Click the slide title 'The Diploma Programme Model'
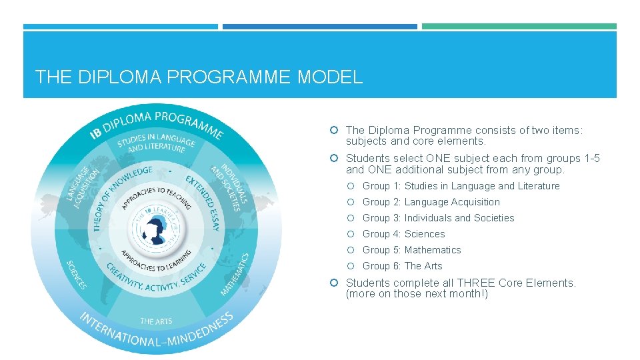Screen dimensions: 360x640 (x=199, y=77)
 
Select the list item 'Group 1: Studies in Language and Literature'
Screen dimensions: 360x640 (x=461, y=186)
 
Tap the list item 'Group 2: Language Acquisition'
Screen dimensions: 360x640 (x=431, y=202)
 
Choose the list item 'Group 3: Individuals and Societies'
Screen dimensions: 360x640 (x=438, y=218)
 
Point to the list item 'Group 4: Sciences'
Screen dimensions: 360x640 (x=403, y=234)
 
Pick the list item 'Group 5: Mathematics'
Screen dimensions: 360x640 (x=411, y=250)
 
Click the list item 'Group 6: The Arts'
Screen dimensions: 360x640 (x=402, y=266)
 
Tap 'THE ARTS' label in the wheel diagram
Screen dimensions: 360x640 (x=156, y=321)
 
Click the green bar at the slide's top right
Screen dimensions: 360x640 (x=519, y=27)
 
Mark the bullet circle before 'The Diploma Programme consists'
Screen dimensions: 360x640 (x=337, y=131)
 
